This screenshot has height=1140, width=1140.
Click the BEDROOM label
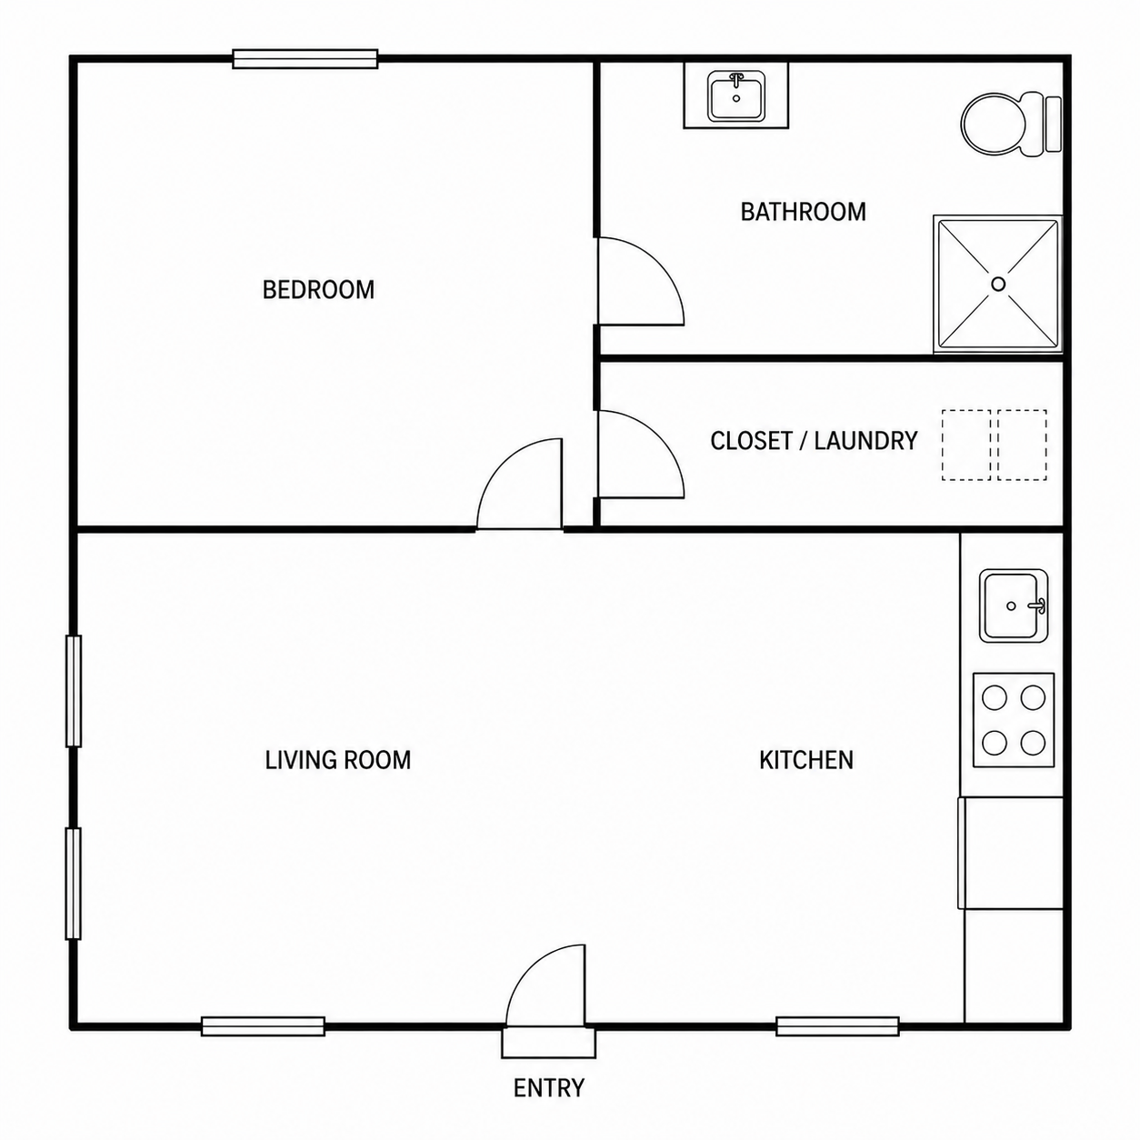(318, 290)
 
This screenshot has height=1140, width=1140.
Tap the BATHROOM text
(803, 212)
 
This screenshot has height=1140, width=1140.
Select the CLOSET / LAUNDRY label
(814, 441)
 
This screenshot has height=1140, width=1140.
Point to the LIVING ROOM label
(338, 760)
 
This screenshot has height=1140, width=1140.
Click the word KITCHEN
(806, 760)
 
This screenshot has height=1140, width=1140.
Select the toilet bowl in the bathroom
(994, 124)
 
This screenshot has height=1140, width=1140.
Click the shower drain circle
(998, 284)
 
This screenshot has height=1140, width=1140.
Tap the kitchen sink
(1014, 605)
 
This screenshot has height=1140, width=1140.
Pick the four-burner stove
(1014, 721)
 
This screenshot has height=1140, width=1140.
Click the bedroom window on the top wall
(305, 59)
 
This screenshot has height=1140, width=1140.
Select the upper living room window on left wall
(74, 691)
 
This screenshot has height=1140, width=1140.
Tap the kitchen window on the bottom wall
(837, 1026)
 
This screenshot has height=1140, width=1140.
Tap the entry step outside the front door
(548, 1043)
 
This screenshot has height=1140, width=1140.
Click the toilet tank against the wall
(1053, 124)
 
